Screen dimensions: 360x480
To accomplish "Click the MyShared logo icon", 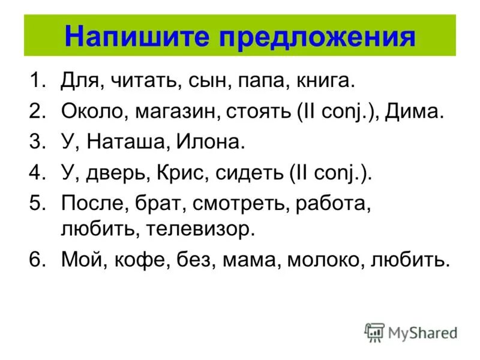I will (374, 332).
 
